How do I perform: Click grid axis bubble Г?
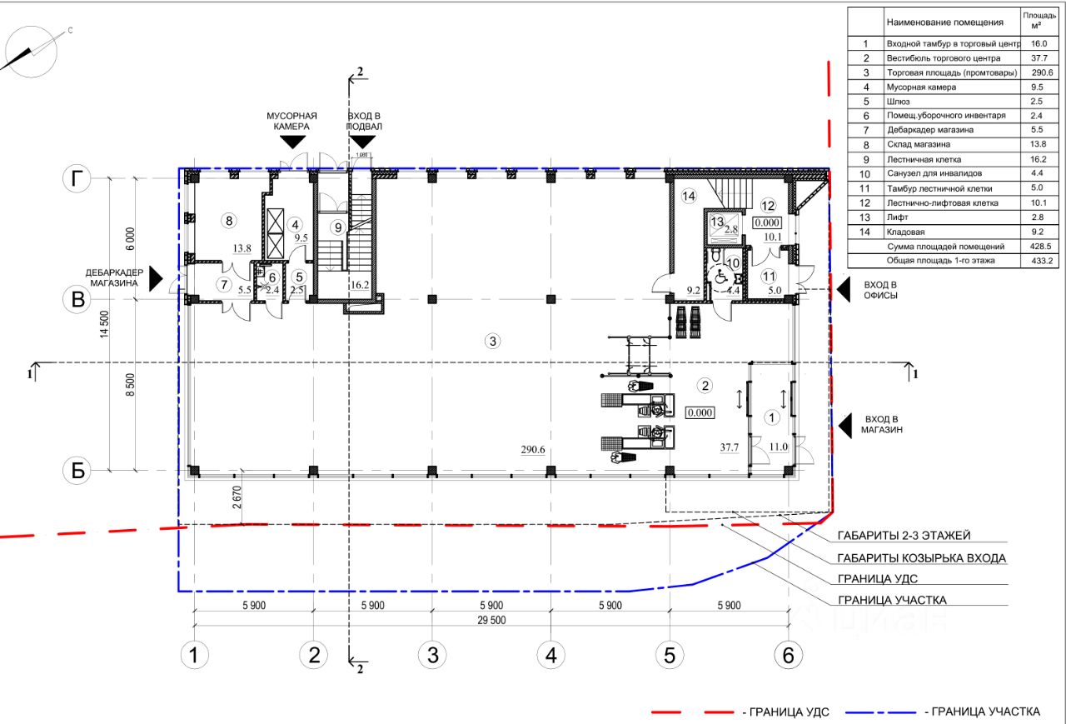pyautogui.click(x=77, y=179)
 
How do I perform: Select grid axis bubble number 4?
pyautogui.click(x=550, y=655)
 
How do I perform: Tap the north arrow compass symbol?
pyautogui.click(x=32, y=52)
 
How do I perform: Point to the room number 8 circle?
pyautogui.click(x=229, y=221)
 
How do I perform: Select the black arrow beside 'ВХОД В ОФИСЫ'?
pyautogui.click(x=844, y=289)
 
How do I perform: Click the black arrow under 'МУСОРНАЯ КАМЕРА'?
pyautogui.click(x=292, y=142)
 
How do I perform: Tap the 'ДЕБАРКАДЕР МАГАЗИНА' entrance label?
pyautogui.click(x=114, y=278)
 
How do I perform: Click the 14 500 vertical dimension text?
pyautogui.click(x=104, y=324)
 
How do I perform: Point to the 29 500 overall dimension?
pyautogui.click(x=491, y=620)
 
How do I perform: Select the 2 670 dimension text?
pyautogui.click(x=237, y=497)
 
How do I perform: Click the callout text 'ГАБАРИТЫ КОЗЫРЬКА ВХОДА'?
pyautogui.click(x=921, y=558)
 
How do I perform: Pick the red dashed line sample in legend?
pyautogui.click(x=692, y=712)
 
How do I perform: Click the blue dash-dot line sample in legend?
pyautogui.click(x=881, y=712)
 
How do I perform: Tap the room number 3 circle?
pyautogui.click(x=492, y=341)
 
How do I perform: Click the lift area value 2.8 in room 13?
pyautogui.click(x=731, y=229)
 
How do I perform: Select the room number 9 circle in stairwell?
pyautogui.click(x=338, y=227)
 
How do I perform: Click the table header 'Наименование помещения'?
pyautogui.click(x=945, y=22)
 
